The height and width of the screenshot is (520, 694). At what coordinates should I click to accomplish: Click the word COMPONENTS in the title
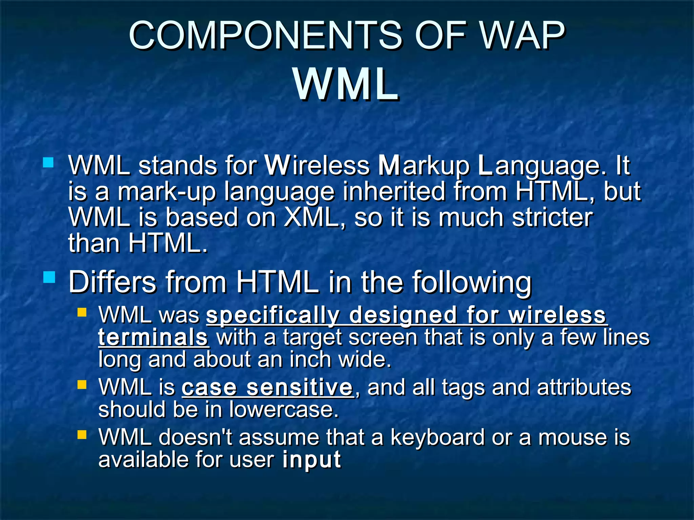264,36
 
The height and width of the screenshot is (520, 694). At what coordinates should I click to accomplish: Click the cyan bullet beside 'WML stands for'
48,162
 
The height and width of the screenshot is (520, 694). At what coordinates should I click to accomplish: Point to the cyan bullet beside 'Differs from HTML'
49,278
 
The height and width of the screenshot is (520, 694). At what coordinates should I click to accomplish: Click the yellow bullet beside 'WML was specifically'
82,312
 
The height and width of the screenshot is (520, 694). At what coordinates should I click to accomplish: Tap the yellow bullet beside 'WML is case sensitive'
82,385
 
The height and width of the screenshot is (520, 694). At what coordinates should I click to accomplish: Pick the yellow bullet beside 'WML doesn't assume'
82,434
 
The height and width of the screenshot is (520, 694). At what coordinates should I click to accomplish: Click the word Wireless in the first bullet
317,166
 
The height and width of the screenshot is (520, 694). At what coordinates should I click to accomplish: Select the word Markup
424,166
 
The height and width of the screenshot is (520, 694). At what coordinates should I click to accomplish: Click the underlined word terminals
153,338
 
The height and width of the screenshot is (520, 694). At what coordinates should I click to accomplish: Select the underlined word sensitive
300,388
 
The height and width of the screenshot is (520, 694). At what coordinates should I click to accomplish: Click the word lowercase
284,410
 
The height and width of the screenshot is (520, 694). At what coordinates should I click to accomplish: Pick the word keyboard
437,437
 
